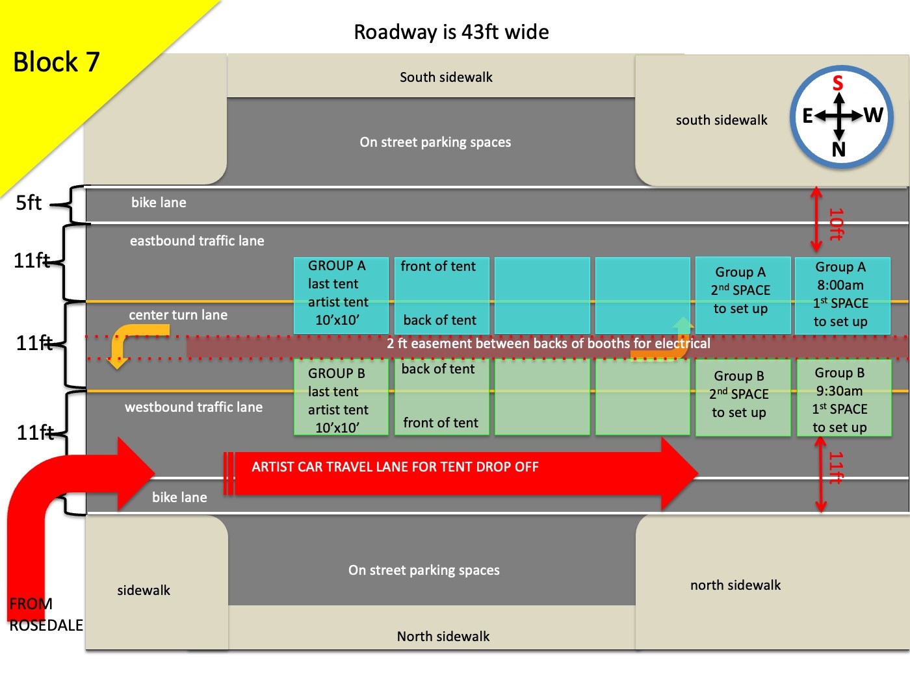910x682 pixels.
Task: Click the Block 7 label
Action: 57,62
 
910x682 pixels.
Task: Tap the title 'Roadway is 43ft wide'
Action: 451,32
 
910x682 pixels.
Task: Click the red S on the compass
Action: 838,83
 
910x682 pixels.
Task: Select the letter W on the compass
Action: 873,116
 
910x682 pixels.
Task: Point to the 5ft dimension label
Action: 29,203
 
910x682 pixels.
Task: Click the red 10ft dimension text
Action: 836,224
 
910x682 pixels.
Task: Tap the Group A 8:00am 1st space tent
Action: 842,295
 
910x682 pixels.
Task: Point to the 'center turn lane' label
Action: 178,315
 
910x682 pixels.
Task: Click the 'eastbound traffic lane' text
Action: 197,241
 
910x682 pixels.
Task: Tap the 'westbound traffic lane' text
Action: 194,407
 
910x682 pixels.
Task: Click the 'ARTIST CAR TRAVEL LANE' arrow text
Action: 395,467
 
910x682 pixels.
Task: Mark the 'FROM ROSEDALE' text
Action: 45,614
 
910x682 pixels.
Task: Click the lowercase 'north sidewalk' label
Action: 735,585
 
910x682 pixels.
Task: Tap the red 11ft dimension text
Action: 836,468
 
